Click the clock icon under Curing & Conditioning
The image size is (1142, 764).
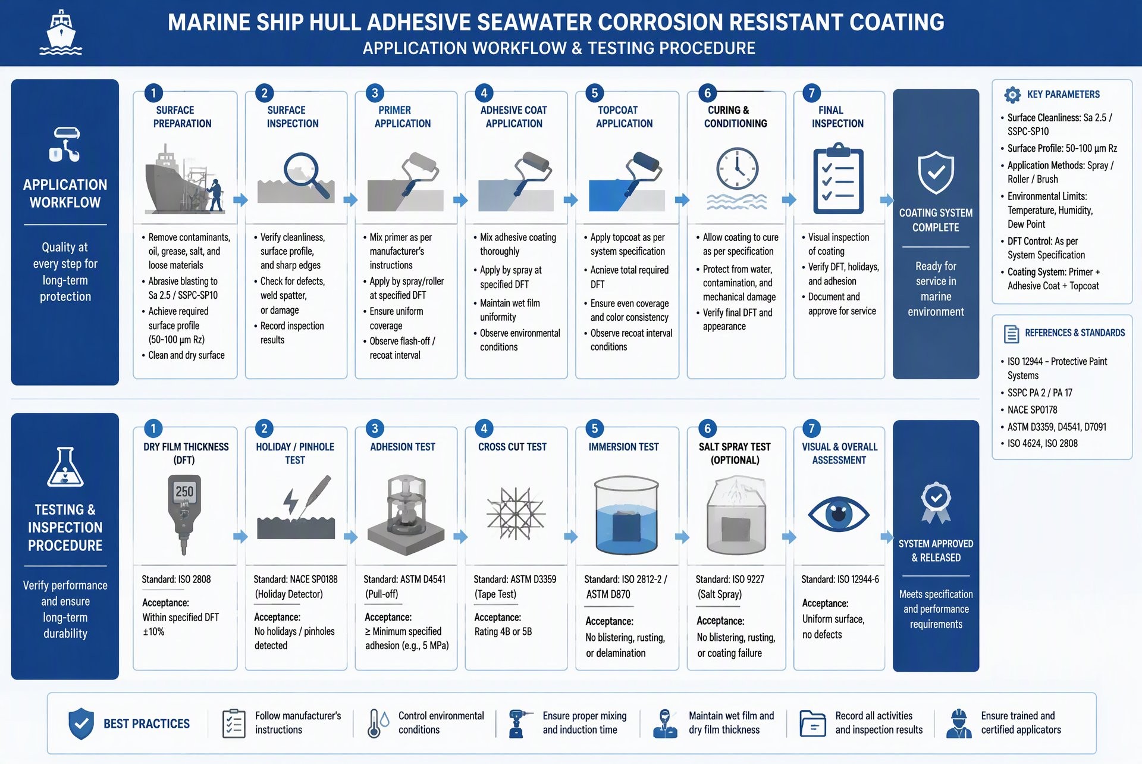(x=737, y=168)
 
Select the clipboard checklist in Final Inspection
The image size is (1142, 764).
(x=838, y=178)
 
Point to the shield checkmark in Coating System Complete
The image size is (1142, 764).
(x=936, y=172)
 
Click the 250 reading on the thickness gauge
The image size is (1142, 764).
(x=184, y=491)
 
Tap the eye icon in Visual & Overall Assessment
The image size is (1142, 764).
(x=839, y=514)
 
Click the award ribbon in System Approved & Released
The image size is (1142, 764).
(x=936, y=502)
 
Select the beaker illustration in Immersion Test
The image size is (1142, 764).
(x=626, y=515)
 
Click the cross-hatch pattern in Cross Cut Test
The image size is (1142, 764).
(x=516, y=513)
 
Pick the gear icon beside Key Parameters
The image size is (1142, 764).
(x=1012, y=95)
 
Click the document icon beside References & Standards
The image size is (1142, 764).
(x=1011, y=334)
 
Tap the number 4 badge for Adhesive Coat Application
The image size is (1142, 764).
(x=484, y=93)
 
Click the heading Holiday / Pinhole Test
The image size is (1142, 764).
(x=295, y=453)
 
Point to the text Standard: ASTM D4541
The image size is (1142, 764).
(x=404, y=579)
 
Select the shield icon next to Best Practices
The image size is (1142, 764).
(x=81, y=724)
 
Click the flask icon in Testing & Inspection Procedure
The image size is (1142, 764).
(x=65, y=467)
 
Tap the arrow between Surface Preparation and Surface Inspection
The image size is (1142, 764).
(x=240, y=200)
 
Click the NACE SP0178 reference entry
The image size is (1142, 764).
(x=1032, y=410)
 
